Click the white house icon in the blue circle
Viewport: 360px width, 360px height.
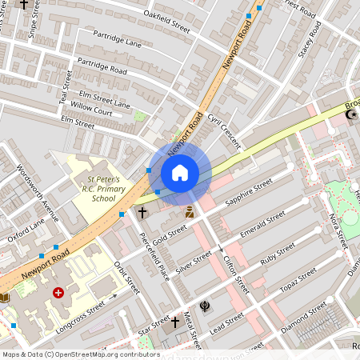(x=180, y=173)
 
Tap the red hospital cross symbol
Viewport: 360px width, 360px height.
(x=58, y=294)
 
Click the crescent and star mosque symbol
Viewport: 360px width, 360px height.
(x=349, y=116)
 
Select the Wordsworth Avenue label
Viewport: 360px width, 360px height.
(x=39, y=193)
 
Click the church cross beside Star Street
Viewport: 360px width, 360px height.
(x=174, y=322)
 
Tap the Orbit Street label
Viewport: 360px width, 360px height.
(x=126, y=277)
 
